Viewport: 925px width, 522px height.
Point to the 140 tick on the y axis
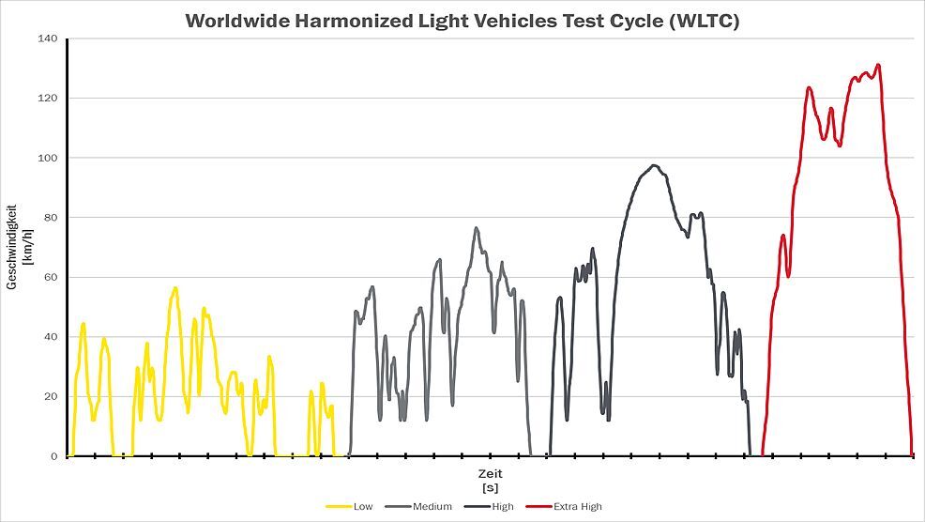pos(48,38)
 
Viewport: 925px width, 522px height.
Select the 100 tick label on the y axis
pos(48,158)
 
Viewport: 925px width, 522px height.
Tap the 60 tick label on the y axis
pos(51,277)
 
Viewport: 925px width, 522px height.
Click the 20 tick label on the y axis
pos(51,396)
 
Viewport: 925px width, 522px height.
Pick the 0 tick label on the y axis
pos(54,456)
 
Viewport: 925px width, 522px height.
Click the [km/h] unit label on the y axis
pos(27,247)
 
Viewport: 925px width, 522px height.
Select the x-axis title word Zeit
pos(489,476)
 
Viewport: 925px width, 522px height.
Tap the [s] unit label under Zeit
pos(489,489)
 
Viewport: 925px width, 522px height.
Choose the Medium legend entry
pos(432,507)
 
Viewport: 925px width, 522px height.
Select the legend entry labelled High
pos(503,507)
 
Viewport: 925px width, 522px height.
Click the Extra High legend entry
pos(577,507)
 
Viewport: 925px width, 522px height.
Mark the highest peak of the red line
pos(878,65)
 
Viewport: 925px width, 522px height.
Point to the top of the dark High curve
pos(654,166)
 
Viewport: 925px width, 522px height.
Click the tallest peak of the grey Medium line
pos(476,227)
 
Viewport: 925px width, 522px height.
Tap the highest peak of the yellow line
pos(174,287)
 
